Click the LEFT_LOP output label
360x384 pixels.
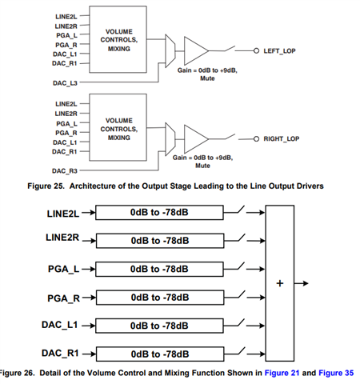click(x=279, y=50)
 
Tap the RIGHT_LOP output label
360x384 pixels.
click(x=282, y=138)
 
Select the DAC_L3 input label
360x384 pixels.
click(x=65, y=83)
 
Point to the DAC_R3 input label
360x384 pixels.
click(x=65, y=170)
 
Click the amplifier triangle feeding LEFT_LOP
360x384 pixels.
click(x=196, y=50)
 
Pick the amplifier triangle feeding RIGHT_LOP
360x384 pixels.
click(x=196, y=139)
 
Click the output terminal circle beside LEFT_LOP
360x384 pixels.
click(x=256, y=50)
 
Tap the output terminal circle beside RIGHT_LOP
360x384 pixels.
click(x=256, y=139)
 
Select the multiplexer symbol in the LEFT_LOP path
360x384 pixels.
click(x=170, y=50)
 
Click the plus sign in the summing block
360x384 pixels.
click(x=280, y=283)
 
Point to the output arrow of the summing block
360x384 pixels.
click(x=302, y=283)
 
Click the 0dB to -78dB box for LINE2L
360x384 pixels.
click(x=159, y=213)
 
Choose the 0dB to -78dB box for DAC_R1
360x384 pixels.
click(x=160, y=354)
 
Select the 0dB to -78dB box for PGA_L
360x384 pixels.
click(x=159, y=269)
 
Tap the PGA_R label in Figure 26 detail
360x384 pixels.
click(x=63, y=298)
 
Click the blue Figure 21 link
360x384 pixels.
click(x=282, y=373)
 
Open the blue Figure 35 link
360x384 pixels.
click(x=336, y=373)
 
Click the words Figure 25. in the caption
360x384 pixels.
click(x=46, y=186)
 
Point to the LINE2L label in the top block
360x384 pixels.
click(x=66, y=17)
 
